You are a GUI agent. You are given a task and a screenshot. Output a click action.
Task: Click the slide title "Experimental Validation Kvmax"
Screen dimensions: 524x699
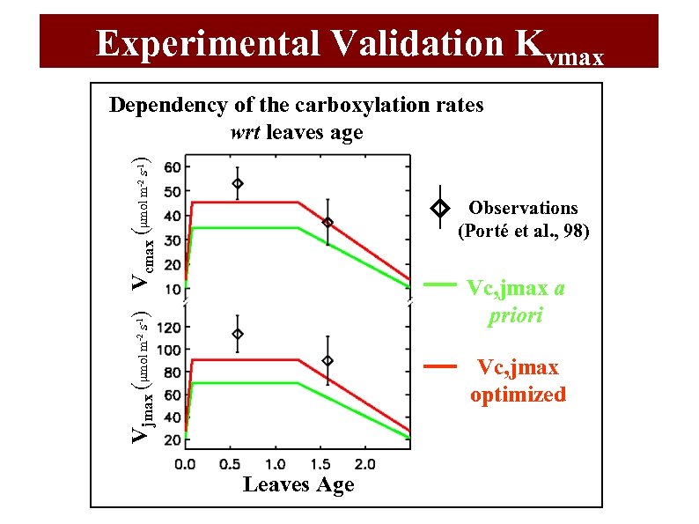(349, 42)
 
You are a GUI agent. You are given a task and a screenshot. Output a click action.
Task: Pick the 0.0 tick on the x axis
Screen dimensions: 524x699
(186, 463)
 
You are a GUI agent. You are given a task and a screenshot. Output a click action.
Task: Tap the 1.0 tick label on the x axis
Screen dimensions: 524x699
(276, 463)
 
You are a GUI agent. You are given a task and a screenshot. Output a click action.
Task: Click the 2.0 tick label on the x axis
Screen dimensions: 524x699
(364, 463)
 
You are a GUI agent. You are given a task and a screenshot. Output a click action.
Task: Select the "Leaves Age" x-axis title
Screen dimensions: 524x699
(298, 485)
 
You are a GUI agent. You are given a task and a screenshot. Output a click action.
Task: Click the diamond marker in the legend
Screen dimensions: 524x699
(440, 209)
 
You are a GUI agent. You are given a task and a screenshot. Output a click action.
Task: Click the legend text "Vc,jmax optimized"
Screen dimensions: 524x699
(518, 381)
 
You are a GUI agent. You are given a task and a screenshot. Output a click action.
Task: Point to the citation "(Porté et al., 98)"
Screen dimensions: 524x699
(523, 232)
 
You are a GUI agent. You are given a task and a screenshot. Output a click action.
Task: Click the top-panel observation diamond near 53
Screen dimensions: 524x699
(237, 184)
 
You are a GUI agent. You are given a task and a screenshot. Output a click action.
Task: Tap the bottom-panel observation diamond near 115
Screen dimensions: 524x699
(237, 335)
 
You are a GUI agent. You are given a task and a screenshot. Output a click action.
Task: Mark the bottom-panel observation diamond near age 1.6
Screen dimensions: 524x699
(327, 361)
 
